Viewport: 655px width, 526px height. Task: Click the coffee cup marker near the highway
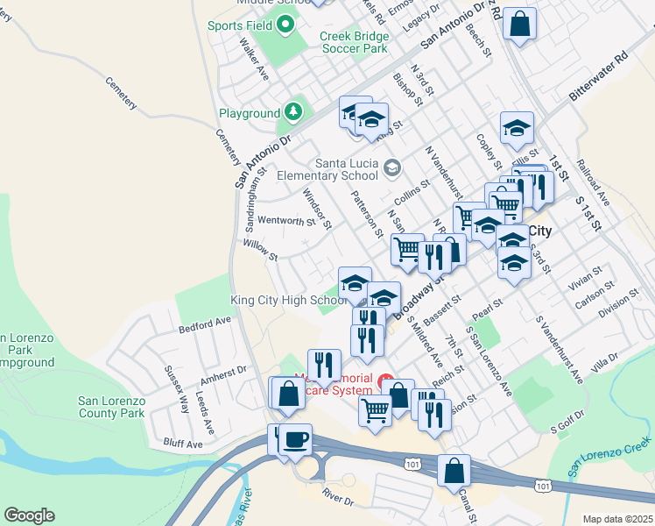click(x=296, y=437)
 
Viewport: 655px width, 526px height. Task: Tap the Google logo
click(x=29, y=515)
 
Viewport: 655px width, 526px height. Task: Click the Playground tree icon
click(x=294, y=112)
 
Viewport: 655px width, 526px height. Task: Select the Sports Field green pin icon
click(x=285, y=25)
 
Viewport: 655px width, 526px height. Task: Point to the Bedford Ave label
click(x=204, y=326)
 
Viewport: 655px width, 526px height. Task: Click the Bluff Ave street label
click(x=181, y=444)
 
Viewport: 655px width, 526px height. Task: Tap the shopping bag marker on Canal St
click(x=454, y=471)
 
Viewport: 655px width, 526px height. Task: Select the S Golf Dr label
click(x=566, y=427)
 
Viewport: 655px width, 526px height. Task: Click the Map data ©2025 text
click(x=617, y=519)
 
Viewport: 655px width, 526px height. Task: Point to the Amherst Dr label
click(x=223, y=373)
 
